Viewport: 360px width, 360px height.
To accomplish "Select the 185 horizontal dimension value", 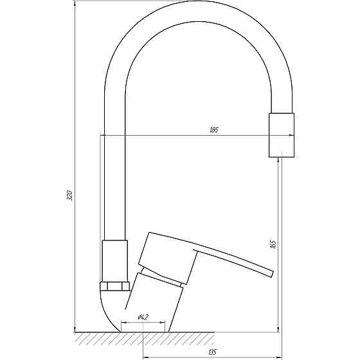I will (213, 131).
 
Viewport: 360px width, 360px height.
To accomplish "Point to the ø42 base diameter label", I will (143, 317).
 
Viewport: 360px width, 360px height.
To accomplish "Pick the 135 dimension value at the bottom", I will (212, 352).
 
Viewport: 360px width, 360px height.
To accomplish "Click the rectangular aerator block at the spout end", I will (282, 134).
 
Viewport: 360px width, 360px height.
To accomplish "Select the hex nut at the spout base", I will (116, 287).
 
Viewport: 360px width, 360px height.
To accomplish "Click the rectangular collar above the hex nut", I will (116, 260).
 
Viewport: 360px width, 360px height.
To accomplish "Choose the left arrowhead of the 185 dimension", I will (103, 135).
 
